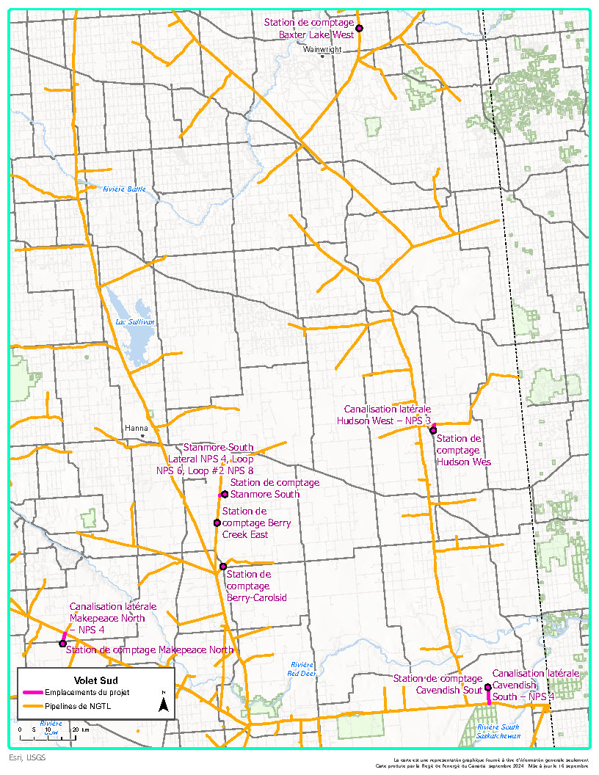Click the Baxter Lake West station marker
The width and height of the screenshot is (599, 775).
(x=360, y=28)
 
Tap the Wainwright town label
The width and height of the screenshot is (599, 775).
(x=324, y=51)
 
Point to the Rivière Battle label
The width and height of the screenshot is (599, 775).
(x=124, y=189)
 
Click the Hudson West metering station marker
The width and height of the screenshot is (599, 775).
(x=433, y=430)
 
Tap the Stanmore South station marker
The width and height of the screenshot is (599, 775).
(x=224, y=494)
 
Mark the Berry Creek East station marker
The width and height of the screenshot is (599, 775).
(x=217, y=523)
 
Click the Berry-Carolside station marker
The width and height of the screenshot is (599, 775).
(x=223, y=567)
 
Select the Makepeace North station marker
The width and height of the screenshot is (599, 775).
(x=62, y=644)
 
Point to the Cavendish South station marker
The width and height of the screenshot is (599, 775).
(x=488, y=687)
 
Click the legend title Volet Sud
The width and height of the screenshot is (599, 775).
(x=95, y=680)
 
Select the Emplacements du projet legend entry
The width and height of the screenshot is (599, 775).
(x=80, y=693)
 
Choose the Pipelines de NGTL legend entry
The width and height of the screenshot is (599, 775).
(x=73, y=706)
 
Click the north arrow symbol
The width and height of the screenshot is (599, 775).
(x=164, y=705)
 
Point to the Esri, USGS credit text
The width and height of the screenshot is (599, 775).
(x=26, y=757)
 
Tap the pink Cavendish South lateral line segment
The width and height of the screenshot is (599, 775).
(x=490, y=696)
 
